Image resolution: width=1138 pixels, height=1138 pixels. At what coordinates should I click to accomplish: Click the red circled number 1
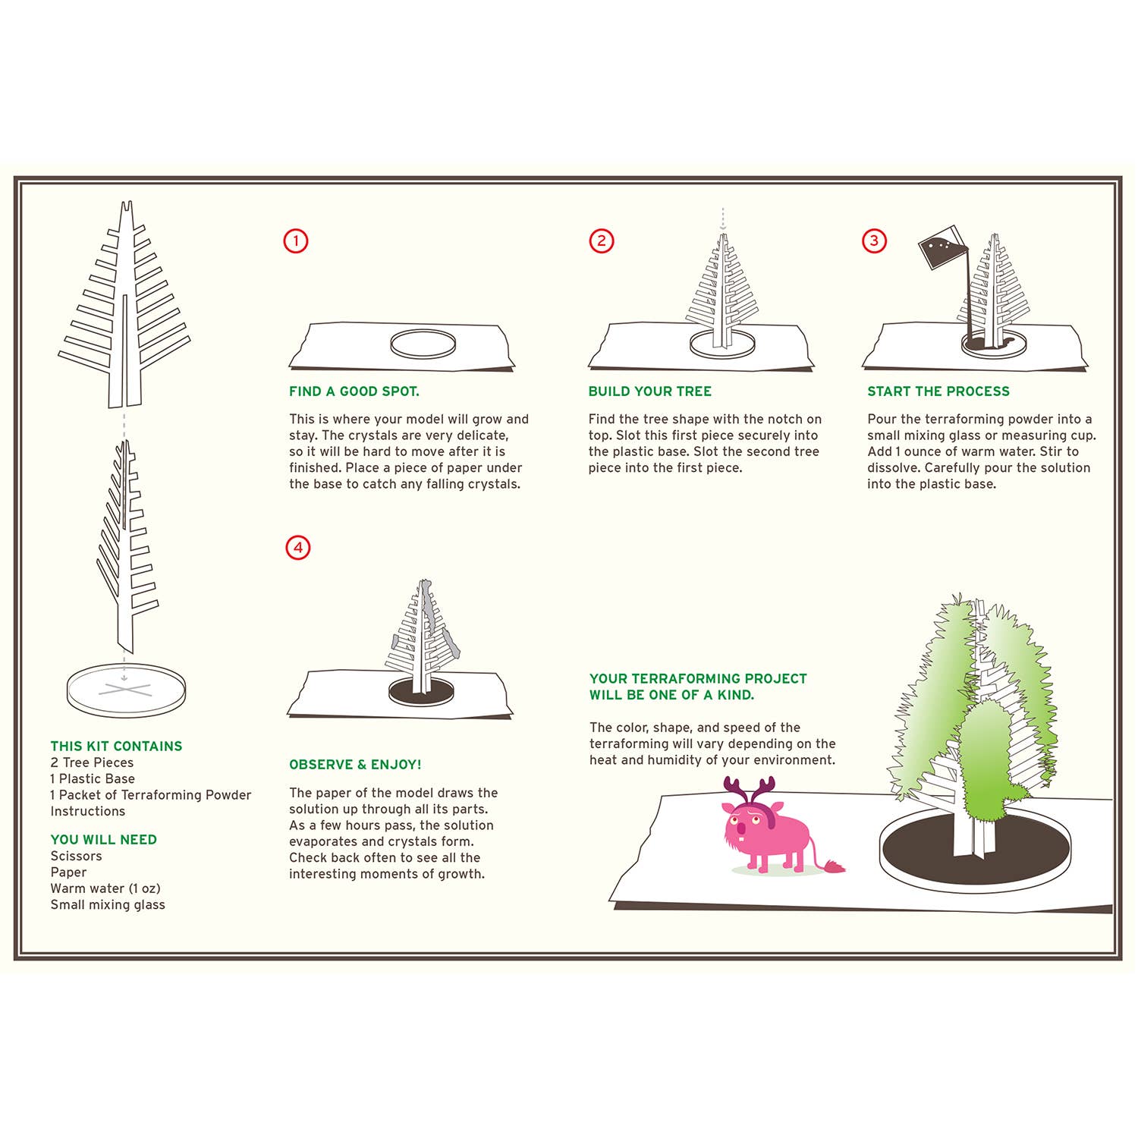(296, 241)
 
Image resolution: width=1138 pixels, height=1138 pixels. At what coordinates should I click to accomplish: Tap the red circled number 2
(602, 241)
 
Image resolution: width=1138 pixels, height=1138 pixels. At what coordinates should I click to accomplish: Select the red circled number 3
(874, 241)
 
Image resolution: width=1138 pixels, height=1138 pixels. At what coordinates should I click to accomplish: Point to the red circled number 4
(298, 548)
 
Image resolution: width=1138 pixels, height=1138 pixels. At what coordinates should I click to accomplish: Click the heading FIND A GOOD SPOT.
(354, 391)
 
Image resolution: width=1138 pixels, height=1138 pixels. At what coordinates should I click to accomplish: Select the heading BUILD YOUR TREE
(649, 391)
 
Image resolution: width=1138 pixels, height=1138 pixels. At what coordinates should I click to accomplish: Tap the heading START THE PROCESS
(938, 391)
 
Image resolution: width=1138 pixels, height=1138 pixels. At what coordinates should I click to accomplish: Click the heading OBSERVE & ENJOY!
(355, 765)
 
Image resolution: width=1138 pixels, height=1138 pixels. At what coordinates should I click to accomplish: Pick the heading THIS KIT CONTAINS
(116, 747)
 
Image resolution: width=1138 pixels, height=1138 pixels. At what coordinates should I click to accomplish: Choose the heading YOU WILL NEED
(103, 840)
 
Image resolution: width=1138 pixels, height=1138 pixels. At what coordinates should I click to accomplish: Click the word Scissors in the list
(76, 857)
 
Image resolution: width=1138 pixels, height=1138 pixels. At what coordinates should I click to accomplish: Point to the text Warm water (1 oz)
(105, 888)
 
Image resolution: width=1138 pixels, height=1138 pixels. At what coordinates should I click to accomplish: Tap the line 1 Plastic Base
(93, 779)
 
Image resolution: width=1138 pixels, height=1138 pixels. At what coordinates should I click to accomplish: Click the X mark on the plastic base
(125, 689)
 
